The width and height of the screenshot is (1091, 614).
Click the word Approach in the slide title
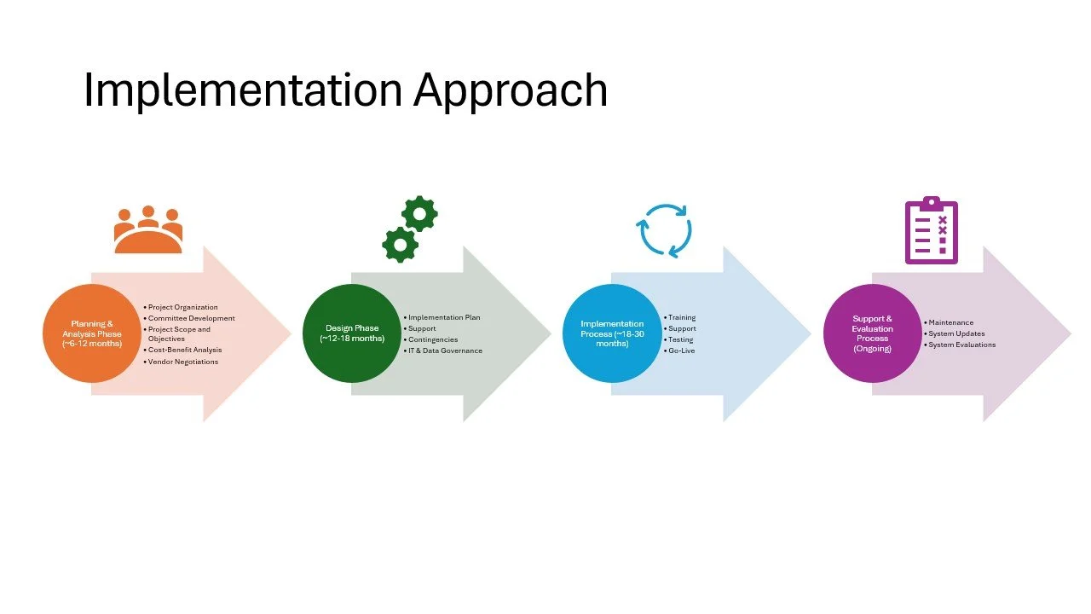click(x=510, y=91)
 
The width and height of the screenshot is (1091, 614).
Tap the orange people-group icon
click(x=148, y=229)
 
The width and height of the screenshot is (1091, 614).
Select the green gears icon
click(x=410, y=229)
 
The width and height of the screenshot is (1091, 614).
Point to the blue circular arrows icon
click(x=664, y=229)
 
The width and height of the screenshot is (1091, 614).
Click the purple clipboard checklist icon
click(x=931, y=230)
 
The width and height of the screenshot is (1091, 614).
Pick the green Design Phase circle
click(x=352, y=333)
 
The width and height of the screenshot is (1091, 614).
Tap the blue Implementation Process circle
click(x=612, y=333)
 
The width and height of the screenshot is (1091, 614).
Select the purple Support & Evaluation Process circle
click(x=872, y=333)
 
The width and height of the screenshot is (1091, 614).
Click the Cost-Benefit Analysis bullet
click(x=185, y=350)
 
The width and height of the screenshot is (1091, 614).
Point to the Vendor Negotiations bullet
click(x=183, y=362)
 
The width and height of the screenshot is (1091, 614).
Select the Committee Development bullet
click(x=192, y=318)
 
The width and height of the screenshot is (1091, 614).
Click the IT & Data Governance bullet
click(x=445, y=350)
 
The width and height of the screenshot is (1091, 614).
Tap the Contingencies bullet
click(x=433, y=339)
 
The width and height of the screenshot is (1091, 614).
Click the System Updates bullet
click(x=956, y=333)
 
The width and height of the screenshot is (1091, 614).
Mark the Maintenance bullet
click(x=951, y=322)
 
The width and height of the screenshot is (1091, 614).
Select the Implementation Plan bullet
click(x=444, y=317)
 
